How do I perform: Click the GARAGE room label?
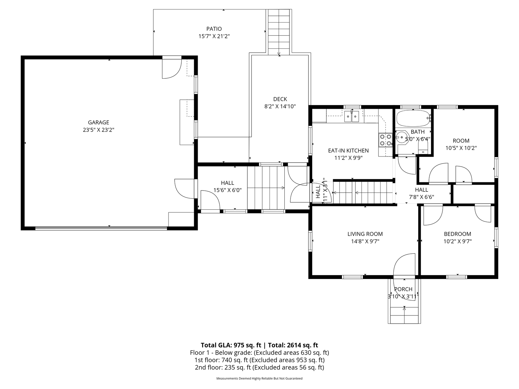tap(99, 122)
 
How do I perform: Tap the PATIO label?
tap(214, 29)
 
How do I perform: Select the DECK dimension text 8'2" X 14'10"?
tap(280, 106)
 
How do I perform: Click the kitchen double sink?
tap(352, 116)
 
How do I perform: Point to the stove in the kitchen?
tap(385, 140)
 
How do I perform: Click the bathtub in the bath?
tap(413, 119)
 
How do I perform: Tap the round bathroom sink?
tap(402, 137)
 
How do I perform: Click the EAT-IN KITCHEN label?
tap(348, 150)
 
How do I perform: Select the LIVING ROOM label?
tap(365, 234)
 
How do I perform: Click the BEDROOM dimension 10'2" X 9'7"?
tap(458, 241)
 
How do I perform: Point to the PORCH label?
tap(403, 289)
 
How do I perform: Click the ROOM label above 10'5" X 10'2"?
tap(461, 141)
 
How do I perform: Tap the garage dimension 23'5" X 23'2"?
tap(99, 130)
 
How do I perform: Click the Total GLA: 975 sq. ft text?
tap(231, 345)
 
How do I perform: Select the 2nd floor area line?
tap(259, 367)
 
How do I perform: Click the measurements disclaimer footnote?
tap(259, 379)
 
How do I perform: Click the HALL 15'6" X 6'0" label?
tap(228, 187)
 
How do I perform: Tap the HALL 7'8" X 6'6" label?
tap(421, 193)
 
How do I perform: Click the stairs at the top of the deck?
tap(279, 32)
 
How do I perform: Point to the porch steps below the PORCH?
tap(404, 315)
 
